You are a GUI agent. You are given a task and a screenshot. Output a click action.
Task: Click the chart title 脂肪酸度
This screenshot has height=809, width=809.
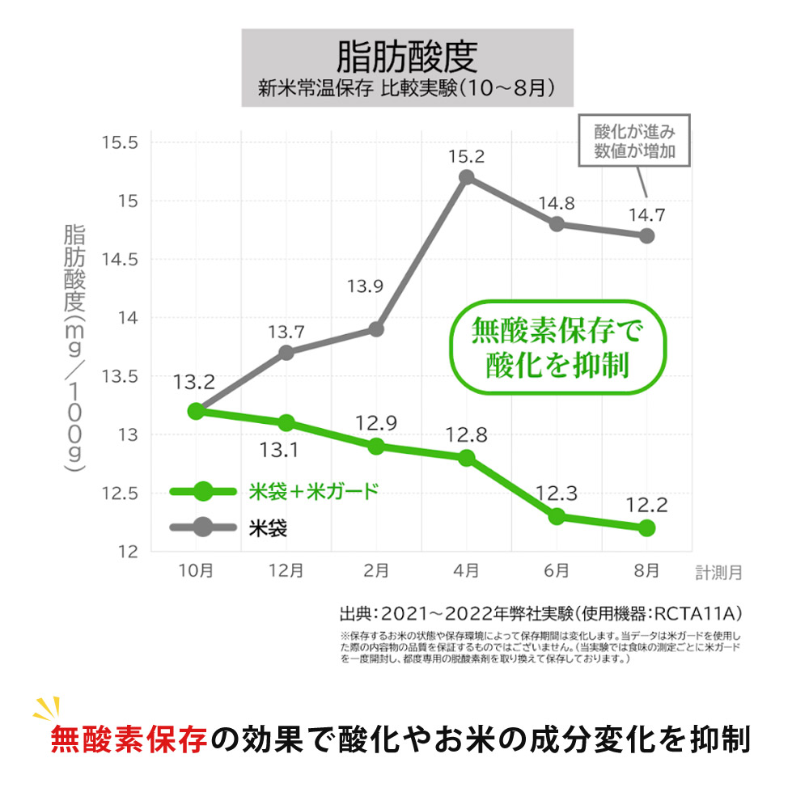tap(407, 57)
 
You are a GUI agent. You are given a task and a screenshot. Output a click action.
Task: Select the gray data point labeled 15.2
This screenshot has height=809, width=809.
tap(466, 177)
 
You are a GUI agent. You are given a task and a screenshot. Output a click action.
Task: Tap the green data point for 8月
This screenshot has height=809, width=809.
tap(646, 528)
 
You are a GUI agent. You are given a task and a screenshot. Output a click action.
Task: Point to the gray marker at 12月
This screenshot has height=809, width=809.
tap(286, 353)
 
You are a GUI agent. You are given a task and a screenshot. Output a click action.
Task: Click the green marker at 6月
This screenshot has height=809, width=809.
tap(557, 516)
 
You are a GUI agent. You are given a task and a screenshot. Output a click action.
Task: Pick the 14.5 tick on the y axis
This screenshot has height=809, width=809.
tap(121, 259)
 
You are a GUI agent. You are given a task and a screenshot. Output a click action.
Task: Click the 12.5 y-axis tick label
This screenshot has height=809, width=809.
tap(121, 493)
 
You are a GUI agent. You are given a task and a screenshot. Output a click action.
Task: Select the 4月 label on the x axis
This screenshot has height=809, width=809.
tap(466, 570)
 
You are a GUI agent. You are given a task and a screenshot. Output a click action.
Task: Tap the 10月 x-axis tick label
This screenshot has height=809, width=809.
tap(196, 570)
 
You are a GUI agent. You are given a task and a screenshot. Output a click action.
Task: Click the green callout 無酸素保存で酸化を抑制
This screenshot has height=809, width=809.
tap(557, 347)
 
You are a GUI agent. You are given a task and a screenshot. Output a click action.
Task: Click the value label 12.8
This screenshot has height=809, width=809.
tap(466, 435)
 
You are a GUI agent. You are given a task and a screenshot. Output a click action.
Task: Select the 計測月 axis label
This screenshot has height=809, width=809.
tap(718, 572)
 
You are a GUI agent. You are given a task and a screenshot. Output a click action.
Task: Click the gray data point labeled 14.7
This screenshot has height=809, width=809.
tap(646, 236)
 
